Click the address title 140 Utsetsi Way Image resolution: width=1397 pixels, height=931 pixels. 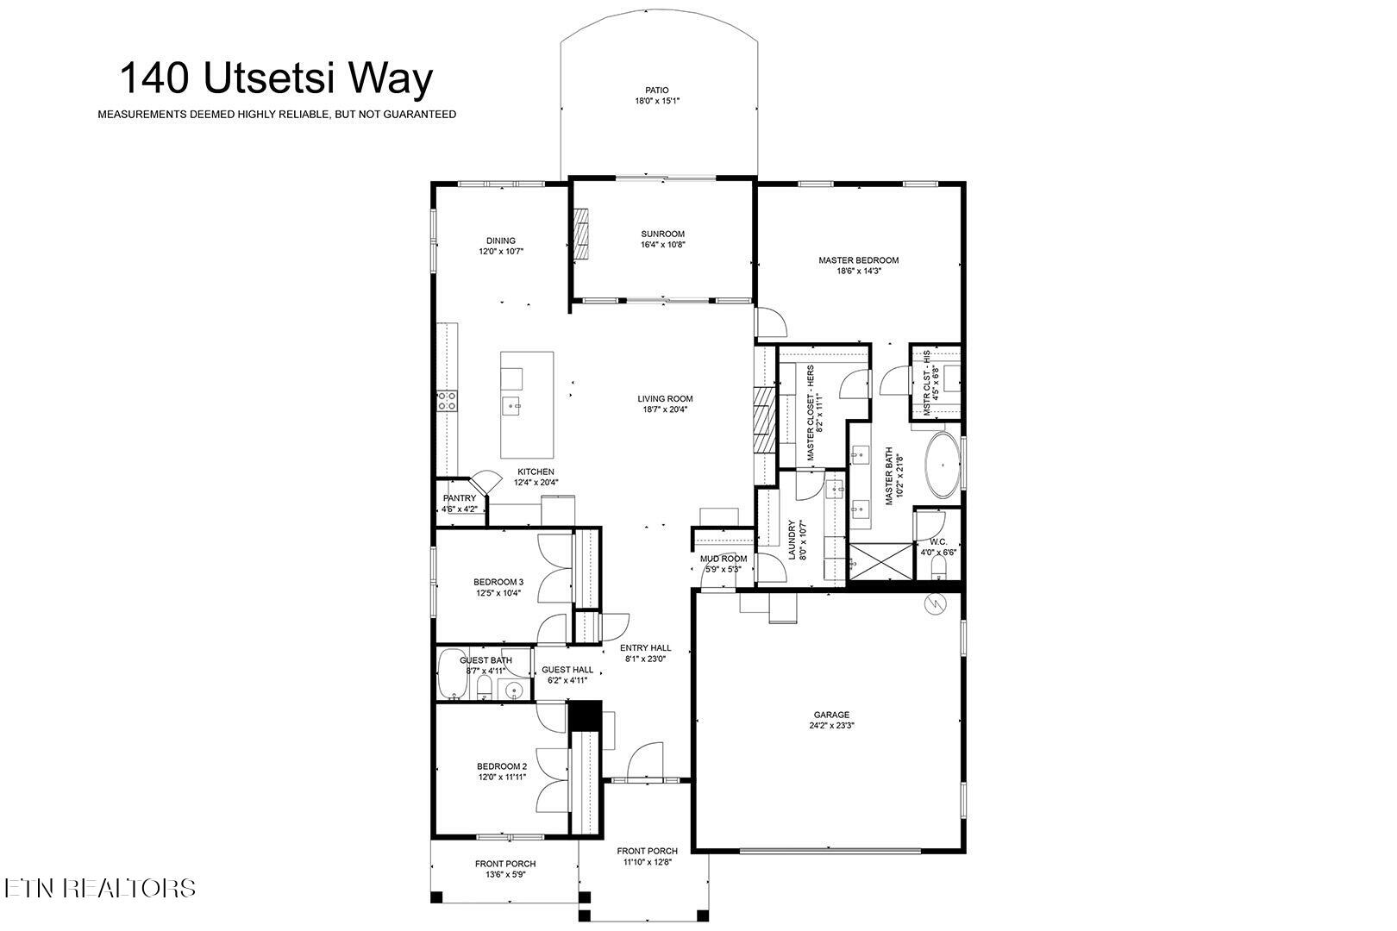[275, 78]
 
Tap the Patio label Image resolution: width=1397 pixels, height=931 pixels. [656, 90]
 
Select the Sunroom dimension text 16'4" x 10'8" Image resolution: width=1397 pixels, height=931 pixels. [662, 245]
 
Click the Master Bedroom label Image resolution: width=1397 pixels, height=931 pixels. [858, 259]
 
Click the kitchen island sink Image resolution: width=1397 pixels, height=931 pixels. [512, 403]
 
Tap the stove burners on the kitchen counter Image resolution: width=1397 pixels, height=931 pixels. [447, 399]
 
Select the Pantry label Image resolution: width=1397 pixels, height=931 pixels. [459, 498]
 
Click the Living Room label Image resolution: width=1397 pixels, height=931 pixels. [665, 398]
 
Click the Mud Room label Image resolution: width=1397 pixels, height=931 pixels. [723, 559]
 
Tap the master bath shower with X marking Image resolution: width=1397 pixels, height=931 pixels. [880, 562]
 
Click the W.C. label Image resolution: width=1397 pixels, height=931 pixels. [938, 542]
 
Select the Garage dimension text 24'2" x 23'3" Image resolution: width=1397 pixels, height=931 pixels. [831, 726]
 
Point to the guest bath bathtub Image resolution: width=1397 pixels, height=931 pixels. [450, 676]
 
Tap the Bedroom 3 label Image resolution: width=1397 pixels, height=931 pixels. [498, 582]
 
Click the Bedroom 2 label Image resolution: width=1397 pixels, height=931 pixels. [501, 765]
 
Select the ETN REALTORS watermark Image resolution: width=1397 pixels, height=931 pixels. [99, 888]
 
